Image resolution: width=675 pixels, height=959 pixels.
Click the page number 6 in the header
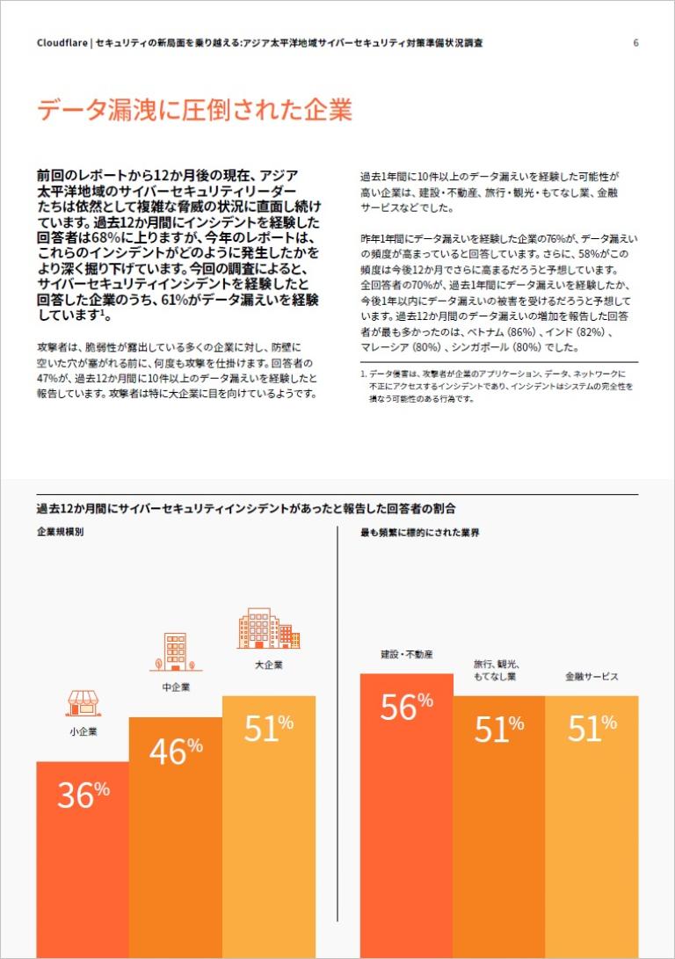pyautogui.click(x=635, y=42)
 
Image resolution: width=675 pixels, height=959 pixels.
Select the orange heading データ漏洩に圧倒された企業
pyautogui.click(x=194, y=111)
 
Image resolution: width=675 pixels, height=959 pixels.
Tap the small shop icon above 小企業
pyautogui.click(x=83, y=702)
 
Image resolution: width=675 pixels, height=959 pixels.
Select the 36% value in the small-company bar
pyautogui.click(x=83, y=795)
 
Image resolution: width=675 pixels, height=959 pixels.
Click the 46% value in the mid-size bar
pyautogui.click(x=176, y=751)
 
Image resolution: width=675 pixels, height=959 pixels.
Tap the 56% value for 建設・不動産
pyautogui.click(x=406, y=707)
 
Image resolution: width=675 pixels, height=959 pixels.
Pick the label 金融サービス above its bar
pyautogui.click(x=592, y=677)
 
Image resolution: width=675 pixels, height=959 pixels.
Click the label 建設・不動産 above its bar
pyautogui.click(x=407, y=655)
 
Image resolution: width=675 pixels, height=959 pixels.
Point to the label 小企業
pyautogui.click(x=83, y=731)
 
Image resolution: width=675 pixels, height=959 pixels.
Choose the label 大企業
pyautogui.click(x=268, y=665)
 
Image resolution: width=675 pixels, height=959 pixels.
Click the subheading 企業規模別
pyautogui.click(x=61, y=533)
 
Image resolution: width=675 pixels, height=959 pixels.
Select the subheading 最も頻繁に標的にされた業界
pyautogui.click(x=420, y=533)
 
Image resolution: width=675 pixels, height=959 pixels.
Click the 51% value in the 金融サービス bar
pyautogui.click(x=592, y=729)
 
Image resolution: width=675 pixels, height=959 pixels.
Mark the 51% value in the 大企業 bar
pyautogui.click(x=268, y=728)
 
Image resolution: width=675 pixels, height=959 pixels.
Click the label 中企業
pyautogui.click(x=175, y=687)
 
